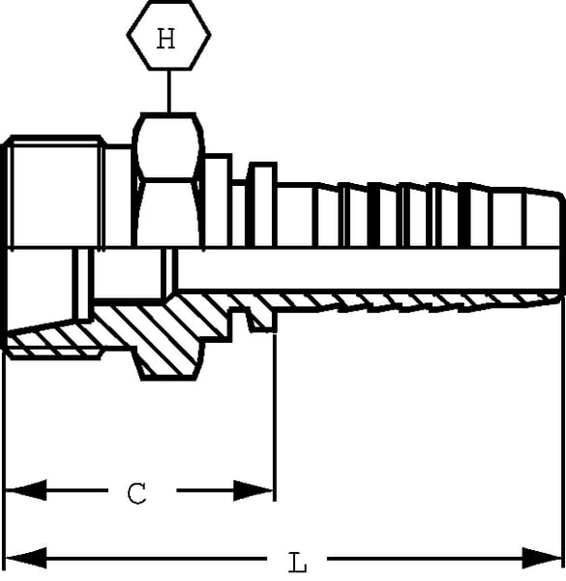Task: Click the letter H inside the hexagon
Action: coord(165,39)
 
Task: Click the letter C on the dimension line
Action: coord(136,493)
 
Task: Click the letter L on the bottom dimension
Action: coord(297,562)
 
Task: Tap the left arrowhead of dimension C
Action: coord(25,490)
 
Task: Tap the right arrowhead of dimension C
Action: coord(253,491)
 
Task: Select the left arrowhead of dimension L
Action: coord(25,558)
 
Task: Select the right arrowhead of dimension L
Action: coord(543,558)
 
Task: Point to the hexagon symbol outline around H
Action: coord(128,35)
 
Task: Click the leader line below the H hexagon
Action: coord(169,91)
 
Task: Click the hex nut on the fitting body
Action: coord(168,180)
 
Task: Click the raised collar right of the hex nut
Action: coord(263,204)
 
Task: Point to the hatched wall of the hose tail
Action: coord(407,302)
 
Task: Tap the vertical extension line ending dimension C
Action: coord(275,416)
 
